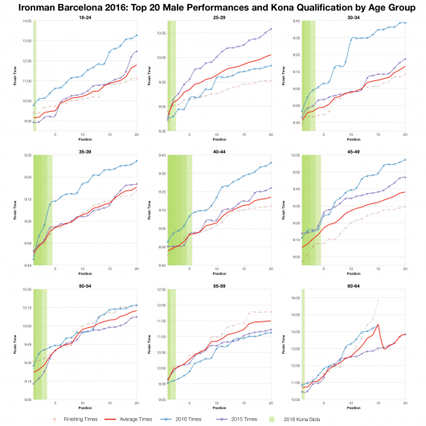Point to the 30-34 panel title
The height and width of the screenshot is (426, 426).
click(x=353, y=16)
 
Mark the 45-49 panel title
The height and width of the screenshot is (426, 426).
click(x=353, y=150)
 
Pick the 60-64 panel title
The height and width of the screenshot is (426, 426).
click(x=353, y=285)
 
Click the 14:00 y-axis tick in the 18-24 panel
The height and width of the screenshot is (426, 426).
click(x=26, y=21)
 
